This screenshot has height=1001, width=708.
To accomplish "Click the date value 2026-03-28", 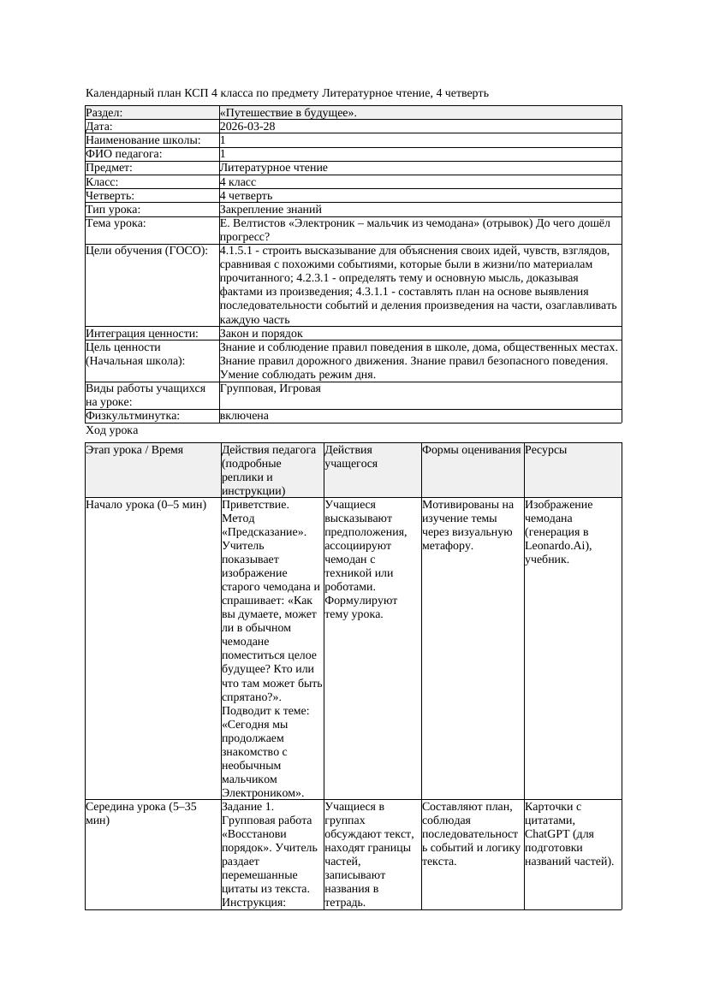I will pyautogui.click(x=247, y=126).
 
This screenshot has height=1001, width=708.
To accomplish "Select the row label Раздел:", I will pyautogui.click(x=104, y=112).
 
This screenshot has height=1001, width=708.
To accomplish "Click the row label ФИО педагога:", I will pyautogui.click(x=124, y=154).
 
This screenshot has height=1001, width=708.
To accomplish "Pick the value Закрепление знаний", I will pyautogui.click(x=271, y=209).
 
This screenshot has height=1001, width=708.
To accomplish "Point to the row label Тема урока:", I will pyautogui.click(x=116, y=223).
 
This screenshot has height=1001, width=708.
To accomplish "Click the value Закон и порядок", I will pyautogui.click(x=261, y=333).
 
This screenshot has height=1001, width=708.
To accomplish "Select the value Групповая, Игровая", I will pyautogui.click(x=271, y=388).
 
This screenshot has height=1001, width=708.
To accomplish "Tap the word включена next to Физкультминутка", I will pyautogui.click(x=244, y=416).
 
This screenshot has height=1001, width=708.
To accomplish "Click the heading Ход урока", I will pyautogui.click(x=112, y=430).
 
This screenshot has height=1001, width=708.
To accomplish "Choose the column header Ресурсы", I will pyautogui.click(x=546, y=449).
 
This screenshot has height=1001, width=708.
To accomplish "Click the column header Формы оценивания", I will pyautogui.click(x=472, y=449).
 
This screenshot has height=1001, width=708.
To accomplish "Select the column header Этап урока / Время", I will pyautogui.click(x=134, y=449).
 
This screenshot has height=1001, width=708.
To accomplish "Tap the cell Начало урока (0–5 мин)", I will pyautogui.click(x=146, y=504).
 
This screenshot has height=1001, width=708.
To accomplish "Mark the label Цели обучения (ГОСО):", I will pyautogui.click(x=147, y=251).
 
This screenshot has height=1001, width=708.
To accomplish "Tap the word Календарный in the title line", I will pyautogui.click(x=118, y=92).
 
